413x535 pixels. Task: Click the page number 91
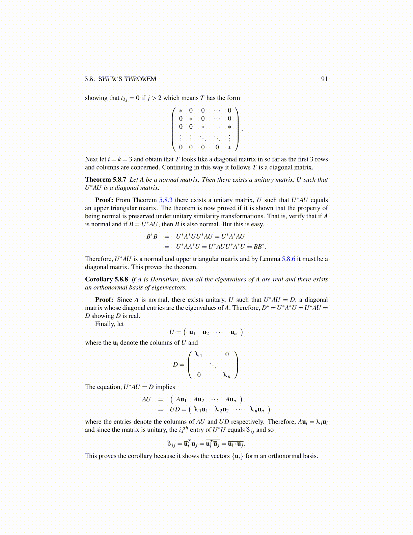(x=324, y=79)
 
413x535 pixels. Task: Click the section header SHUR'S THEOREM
(x=127, y=79)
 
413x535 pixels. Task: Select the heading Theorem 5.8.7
(x=105, y=180)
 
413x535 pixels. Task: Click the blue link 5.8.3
(x=166, y=200)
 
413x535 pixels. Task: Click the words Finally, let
(x=109, y=324)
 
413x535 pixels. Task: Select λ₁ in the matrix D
(x=198, y=355)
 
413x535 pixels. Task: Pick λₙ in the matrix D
(x=226, y=375)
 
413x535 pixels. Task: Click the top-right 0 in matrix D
(x=227, y=354)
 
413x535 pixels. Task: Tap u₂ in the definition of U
(x=205, y=332)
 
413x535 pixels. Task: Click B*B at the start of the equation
(x=152, y=236)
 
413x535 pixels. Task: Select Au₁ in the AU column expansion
(x=181, y=400)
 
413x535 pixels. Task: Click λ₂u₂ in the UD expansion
(x=221, y=410)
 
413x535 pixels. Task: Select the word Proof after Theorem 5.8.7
(x=104, y=200)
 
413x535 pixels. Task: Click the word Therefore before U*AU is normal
(x=99, y=259)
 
